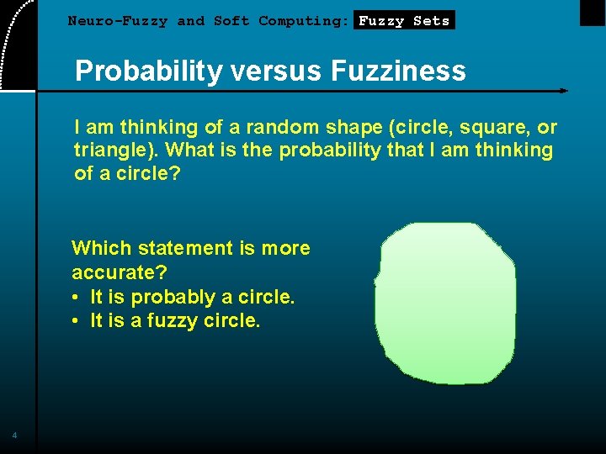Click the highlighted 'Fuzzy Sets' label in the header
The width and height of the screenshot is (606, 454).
404,21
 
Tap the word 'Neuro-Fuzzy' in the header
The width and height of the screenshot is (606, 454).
118,21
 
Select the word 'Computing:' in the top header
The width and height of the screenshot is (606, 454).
304,21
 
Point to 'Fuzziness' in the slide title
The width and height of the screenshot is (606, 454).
398,71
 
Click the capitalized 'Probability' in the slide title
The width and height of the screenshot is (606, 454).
146,71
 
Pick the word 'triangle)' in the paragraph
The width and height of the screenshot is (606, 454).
116,151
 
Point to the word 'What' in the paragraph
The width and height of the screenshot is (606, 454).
193,151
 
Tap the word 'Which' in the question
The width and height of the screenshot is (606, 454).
102,248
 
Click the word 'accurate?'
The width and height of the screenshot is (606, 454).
119,272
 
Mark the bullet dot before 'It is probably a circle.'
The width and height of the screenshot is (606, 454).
76,298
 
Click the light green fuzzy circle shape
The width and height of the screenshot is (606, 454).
446,303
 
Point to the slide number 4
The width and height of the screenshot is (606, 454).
14,435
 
